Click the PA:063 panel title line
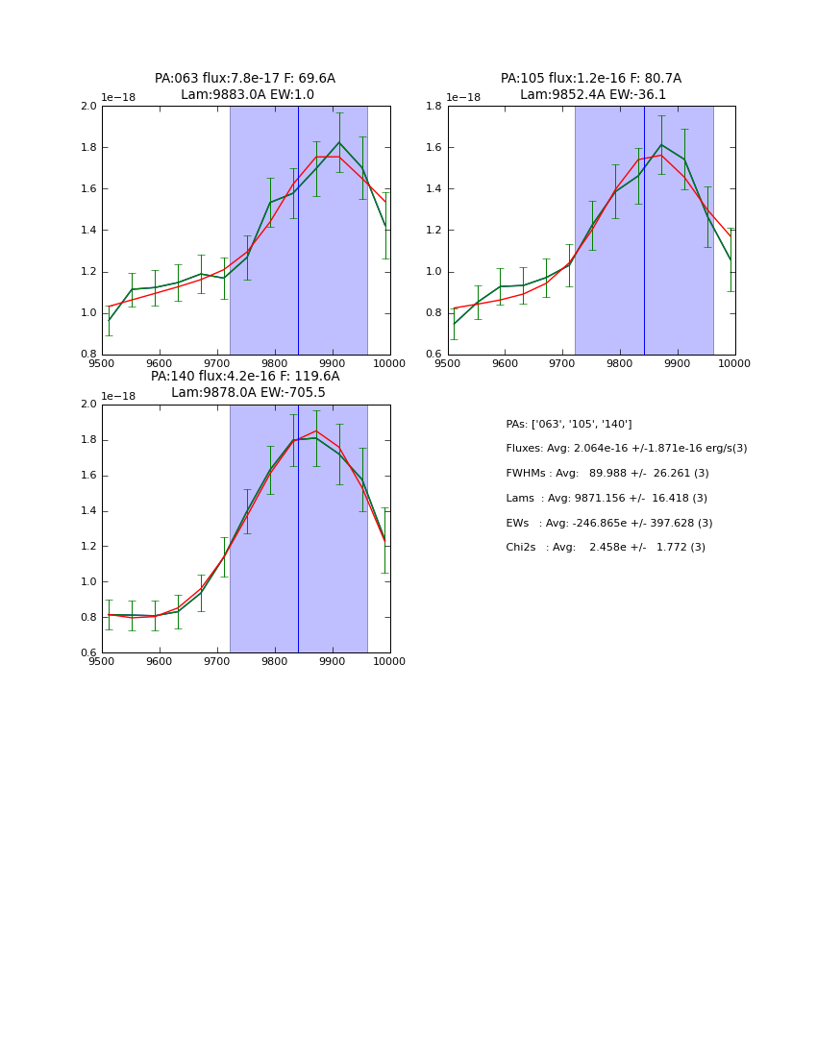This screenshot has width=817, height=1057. click(x=245, y=79)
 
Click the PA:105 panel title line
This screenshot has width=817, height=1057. click(x=590, y=79)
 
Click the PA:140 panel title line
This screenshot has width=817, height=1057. click(x=245, y=377)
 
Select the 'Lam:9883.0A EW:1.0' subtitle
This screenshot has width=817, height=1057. click(x=247, y=95)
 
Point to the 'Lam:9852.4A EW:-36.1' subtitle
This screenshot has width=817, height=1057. click(x=593, y=95)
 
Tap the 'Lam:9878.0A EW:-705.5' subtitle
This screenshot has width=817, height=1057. click(x=248, y=393)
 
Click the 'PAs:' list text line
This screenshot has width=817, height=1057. click(x=569, y=424)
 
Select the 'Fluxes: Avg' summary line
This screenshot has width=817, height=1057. click(x=626, y=449)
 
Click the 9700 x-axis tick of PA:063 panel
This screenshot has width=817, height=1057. click(x=217, y=363)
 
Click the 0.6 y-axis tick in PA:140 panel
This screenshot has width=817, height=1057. click(x=88, y=653)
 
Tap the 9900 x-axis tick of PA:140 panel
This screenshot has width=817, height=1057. click(x=332, y=661)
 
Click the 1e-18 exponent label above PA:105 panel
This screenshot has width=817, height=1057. click(x=464, y=98)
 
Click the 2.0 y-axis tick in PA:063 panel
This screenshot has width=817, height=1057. click(x=88, y=106)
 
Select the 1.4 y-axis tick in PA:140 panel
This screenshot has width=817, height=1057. click(x=88, y=511)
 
